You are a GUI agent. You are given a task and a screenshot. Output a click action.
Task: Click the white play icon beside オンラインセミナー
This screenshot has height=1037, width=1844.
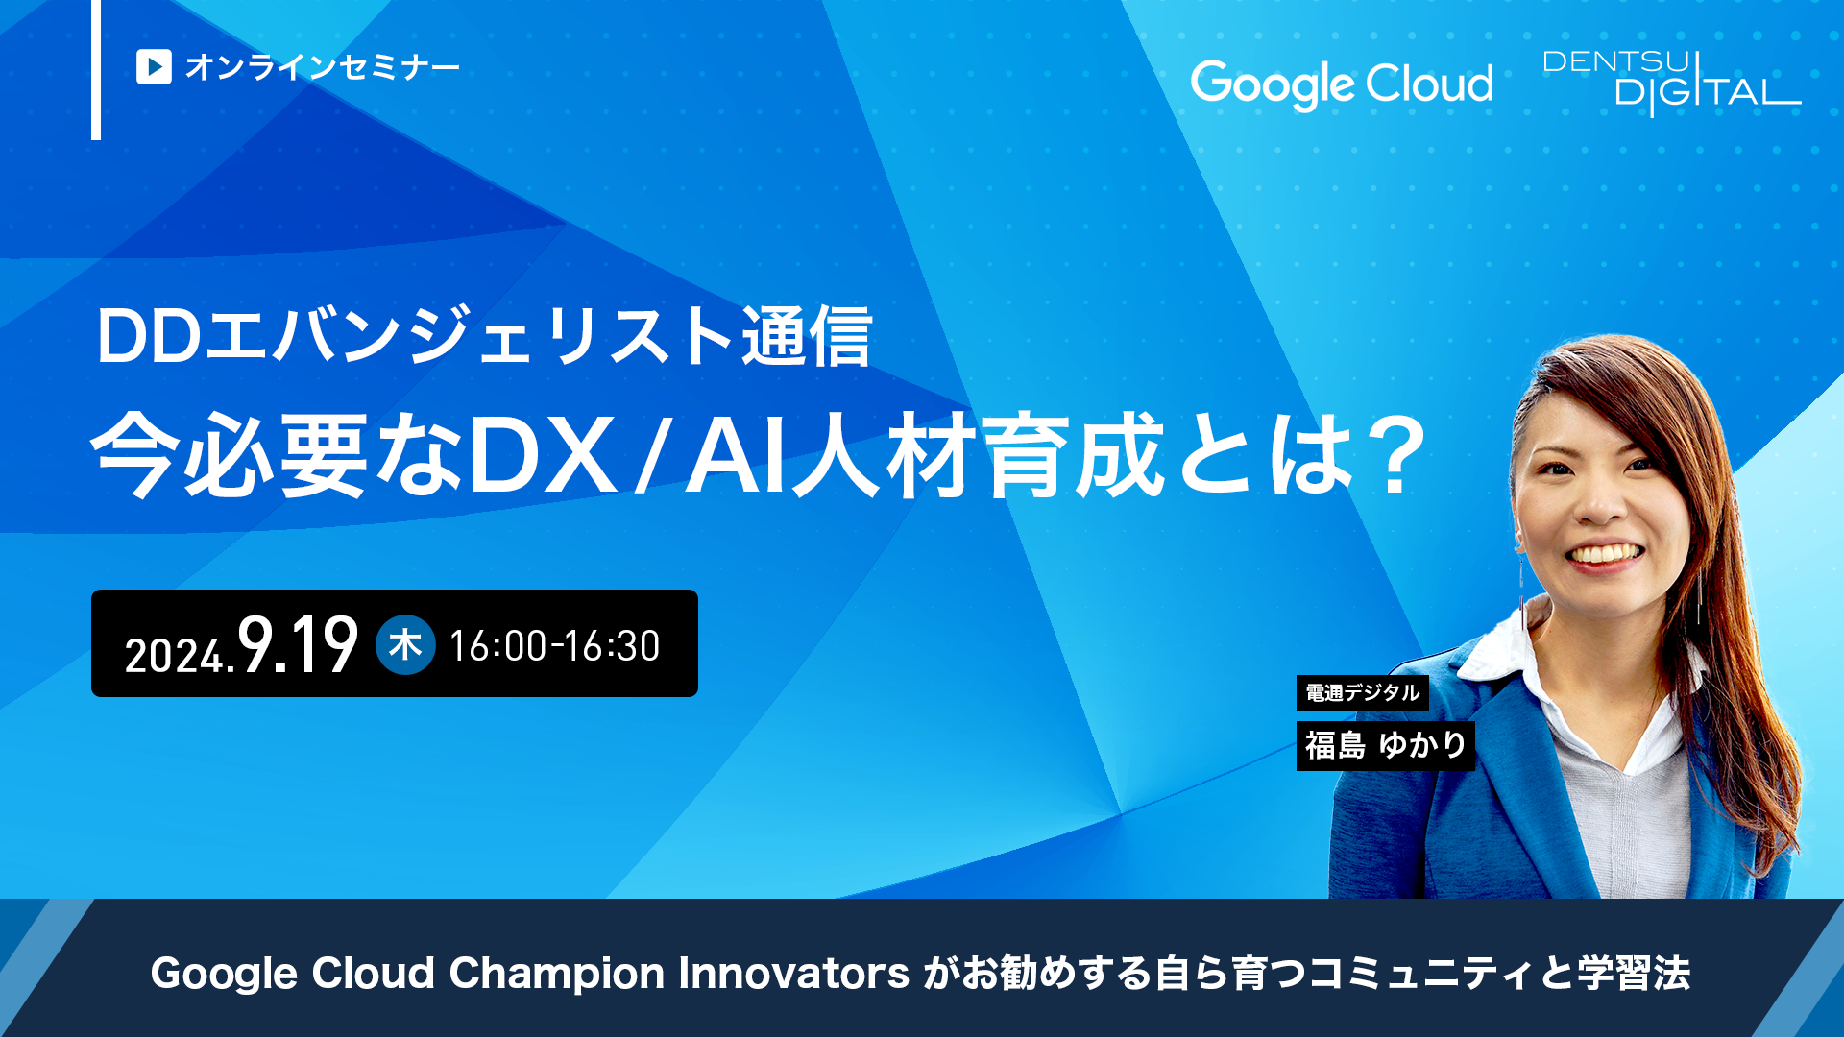(x=154, y=67)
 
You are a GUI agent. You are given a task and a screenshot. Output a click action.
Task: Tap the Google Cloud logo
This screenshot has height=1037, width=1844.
(x=1342, y=84)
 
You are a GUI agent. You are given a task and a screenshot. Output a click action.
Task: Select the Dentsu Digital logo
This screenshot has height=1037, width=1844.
(x=1671, y=83)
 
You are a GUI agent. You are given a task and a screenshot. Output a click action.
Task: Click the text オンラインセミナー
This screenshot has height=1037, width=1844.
(x=323, y=67)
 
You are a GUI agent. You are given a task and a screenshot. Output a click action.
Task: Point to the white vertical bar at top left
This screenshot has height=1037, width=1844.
(x=96, y=69)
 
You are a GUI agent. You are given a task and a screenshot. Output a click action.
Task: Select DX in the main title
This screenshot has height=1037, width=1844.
(x=543, y=455)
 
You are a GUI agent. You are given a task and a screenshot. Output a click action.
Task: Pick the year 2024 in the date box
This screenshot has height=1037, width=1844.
(x=176, y=656)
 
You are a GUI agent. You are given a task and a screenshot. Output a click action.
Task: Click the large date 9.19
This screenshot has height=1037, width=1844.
(x=299, y=644)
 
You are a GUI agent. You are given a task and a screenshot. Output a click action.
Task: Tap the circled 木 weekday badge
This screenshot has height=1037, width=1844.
(x=405, y=644)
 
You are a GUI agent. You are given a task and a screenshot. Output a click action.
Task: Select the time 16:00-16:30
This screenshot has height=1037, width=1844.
(x=555, y=646)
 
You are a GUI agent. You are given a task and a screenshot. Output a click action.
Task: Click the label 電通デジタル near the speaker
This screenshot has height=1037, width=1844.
(x=1363, y=692)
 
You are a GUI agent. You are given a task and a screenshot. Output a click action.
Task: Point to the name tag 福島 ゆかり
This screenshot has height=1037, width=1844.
(x=1386, y=745)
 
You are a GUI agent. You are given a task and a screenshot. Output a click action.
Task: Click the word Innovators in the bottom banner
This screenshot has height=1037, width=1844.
(x=794, y=973)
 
